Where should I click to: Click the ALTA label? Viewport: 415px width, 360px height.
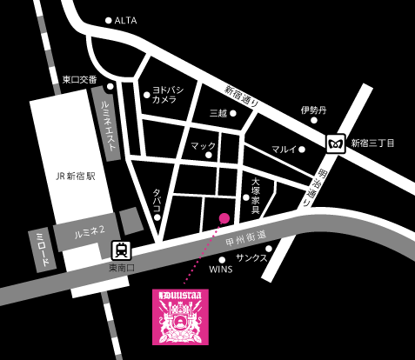[126, 19]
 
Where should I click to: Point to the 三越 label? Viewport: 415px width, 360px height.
[218, 113]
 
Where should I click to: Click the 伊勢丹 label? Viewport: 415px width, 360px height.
[312, 110]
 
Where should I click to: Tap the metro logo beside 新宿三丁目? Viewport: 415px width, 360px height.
[335, 142]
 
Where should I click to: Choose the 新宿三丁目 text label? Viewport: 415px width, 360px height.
[372, 143]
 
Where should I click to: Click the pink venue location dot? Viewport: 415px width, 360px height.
[224, 217]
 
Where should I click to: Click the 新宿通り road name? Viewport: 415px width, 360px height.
[243, 96]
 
